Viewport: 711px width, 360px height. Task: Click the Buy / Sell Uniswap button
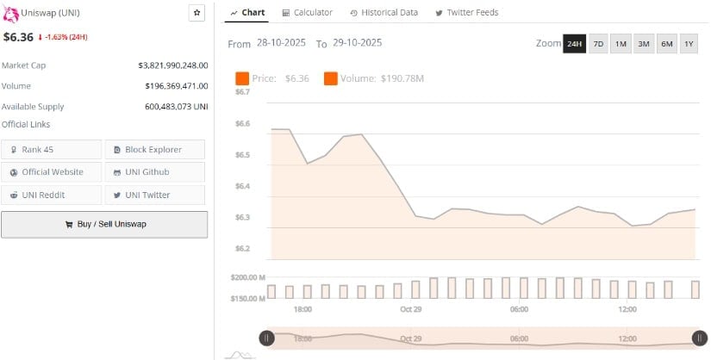[104, 224]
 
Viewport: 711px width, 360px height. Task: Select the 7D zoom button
[598, 44]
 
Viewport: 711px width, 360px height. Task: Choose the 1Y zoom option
[688, 44]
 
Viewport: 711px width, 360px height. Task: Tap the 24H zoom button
[574, 44]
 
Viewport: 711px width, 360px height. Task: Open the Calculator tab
[307, 13]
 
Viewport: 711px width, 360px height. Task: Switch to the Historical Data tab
[384, 13]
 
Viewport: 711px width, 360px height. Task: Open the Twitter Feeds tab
[467, 13]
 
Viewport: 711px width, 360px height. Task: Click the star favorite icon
[197, 13]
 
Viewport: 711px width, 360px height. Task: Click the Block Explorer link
[155, 150]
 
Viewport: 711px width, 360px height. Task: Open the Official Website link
[52, 172]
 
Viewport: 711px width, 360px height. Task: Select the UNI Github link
[155, 172]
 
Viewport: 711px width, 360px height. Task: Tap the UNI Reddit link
[52, 195]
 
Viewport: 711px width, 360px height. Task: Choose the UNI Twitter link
[155, 195]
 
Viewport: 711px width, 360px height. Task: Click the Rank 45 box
[52, 150]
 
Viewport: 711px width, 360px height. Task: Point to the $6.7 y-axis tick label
[242, 92]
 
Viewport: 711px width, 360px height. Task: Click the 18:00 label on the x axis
[302, 309]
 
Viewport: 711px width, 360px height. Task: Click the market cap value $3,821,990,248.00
[172, 65]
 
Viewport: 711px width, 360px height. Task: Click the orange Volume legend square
[331, 78]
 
